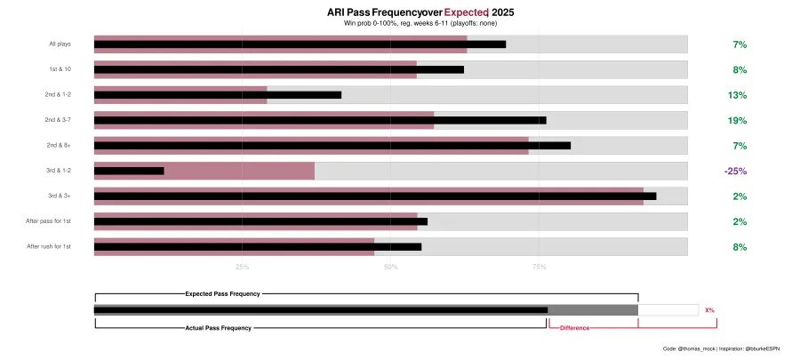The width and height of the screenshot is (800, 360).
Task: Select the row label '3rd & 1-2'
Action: pos(60,171)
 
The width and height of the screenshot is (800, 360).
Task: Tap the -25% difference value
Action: pos(735,172)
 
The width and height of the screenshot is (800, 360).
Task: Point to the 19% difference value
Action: pos(739,121)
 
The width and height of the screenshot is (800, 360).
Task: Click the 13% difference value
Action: pos(739,95)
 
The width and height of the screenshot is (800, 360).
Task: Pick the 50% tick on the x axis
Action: pos(391,266)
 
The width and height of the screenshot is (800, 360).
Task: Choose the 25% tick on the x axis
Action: pos(242,266)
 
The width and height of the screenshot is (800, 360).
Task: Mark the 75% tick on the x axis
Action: pos(540,266)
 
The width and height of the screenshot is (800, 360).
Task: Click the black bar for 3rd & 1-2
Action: pos(129,171)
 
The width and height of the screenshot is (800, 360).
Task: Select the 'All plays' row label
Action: pos(61,44)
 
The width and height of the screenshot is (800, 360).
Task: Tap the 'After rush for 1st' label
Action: pos(49,246)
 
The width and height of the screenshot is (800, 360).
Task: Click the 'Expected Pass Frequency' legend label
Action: pos(222,292)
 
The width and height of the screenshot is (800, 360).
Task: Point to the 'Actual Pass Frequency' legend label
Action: pos(219,328)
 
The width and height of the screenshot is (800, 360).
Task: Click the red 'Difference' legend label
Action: pos(574,328)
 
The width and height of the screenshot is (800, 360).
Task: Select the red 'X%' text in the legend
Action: pos(709,310)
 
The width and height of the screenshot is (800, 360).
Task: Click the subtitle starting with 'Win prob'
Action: pos(420,23)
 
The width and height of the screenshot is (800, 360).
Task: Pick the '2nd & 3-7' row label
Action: pos(60,120)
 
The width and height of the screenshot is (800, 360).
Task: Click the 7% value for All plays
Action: pos(740,44)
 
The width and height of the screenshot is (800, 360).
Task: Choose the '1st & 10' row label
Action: pos(60,69)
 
